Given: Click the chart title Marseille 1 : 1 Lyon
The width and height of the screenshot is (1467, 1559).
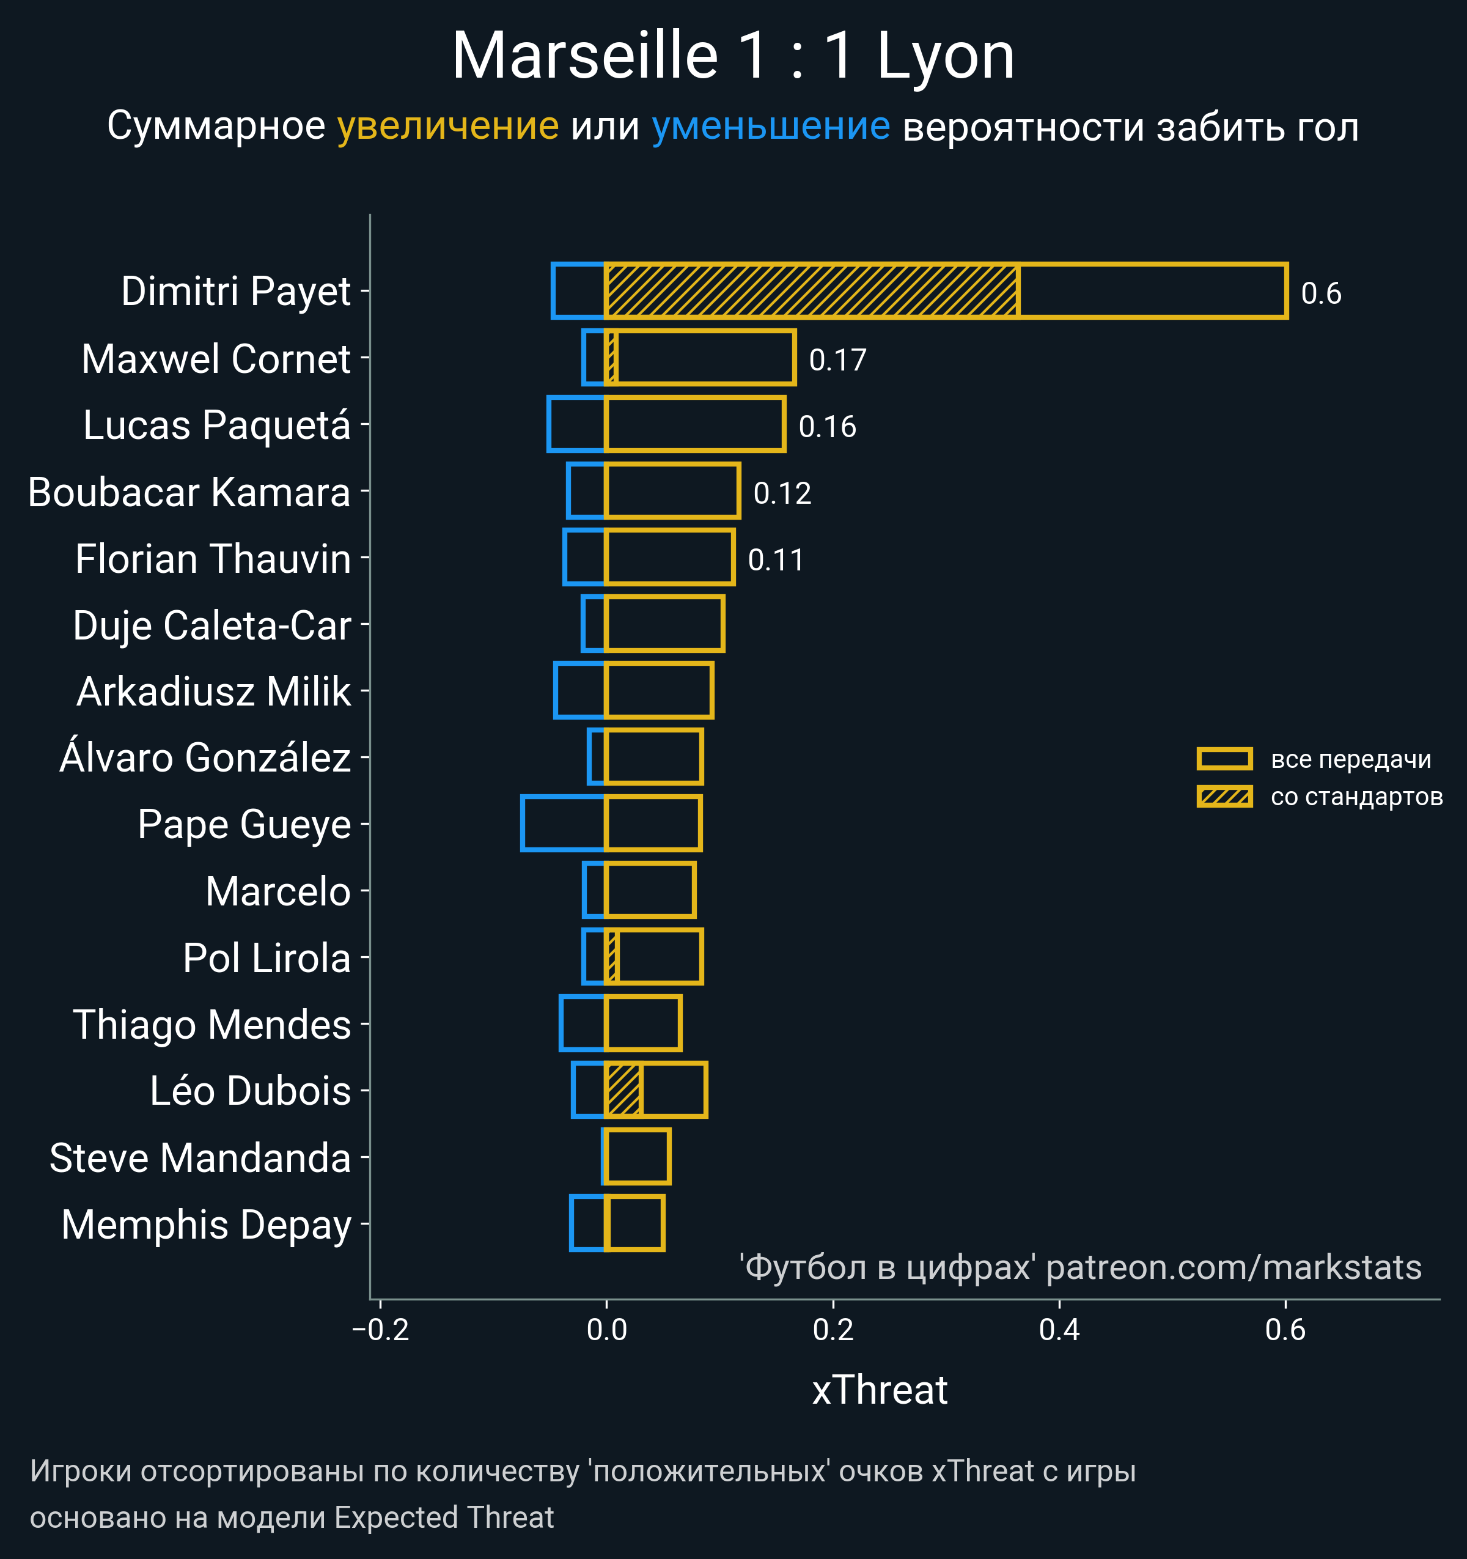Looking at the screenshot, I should click(x=733, y=56).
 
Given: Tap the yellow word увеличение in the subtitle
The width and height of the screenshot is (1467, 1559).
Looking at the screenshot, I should click(x=447, y=127).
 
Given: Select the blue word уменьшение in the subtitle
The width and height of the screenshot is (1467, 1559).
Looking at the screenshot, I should click(x=771, y=127).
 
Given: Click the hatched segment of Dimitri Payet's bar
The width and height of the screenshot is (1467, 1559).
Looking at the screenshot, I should click(x=812, y=292).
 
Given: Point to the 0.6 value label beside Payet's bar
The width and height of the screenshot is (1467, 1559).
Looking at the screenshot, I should click(x=1320, y=294).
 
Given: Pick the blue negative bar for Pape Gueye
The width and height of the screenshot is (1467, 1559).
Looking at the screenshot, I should click(x=563, y=824).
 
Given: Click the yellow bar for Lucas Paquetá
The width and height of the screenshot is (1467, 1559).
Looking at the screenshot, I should click(x=695, y=424).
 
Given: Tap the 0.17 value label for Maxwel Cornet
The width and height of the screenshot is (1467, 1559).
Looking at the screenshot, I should click(x=837, y=360).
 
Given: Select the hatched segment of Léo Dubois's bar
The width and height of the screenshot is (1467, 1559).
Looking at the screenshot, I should click(x=624, y=1090).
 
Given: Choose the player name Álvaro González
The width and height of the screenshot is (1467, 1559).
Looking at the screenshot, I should click(x=205, y=758).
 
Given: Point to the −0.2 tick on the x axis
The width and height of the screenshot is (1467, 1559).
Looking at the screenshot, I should click(x=381, y=1330).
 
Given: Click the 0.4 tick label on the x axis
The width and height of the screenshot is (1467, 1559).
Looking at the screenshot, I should click(x=1059, y=1330).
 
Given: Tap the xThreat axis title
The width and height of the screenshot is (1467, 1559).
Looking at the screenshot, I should click(x=880, y=1390).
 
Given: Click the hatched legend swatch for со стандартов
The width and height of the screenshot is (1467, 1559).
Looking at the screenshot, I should click(x=1224, y=797).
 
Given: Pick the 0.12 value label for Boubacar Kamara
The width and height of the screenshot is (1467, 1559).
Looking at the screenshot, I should click(x=782, y=493).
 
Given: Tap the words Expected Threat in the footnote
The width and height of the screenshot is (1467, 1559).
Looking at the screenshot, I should click(x=444, y=1517).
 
